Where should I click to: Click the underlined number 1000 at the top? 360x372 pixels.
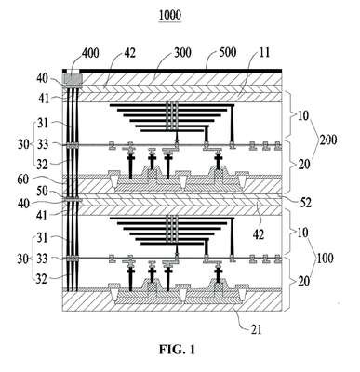click(170, 15)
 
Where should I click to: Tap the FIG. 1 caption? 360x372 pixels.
click(178, 350)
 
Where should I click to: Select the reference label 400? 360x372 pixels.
click(90, 53)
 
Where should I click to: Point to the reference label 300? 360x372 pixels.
click(182, 53)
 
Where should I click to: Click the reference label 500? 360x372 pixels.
click(228, 52)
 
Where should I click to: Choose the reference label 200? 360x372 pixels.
click(328, 140)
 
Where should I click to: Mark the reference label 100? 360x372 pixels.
click(325, 258)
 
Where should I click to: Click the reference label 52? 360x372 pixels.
click(305, 203)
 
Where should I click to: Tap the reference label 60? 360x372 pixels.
click(23, 179)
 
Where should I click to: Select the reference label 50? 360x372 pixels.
click(42, 192)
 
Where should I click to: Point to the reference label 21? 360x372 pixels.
click(256, 329)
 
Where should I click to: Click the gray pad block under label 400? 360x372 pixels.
click(73, 79)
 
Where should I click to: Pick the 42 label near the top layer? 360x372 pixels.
click(129, 53)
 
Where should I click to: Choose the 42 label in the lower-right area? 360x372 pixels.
click(258, 234)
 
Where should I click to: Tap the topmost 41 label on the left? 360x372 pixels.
click(42, 99)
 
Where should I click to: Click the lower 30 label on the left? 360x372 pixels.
click(23, 259)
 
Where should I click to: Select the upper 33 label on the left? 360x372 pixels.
click(43, 144)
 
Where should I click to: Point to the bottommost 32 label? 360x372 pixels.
click(42, 279)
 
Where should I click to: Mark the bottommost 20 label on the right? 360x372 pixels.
click(304, 282)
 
